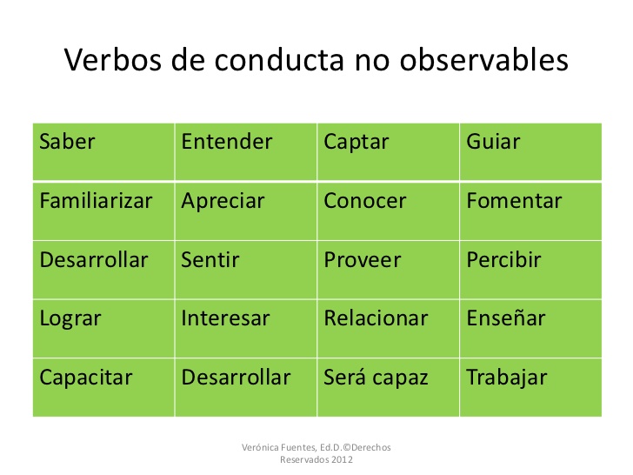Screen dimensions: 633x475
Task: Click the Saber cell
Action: (x=103, y=152)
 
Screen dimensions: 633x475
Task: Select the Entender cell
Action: (x=246, y=152)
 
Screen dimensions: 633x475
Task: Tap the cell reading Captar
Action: (x=389, y=152)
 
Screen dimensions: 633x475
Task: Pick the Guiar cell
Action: (x=531, y=152)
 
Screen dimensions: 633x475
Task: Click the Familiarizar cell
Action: (x=103, y=211)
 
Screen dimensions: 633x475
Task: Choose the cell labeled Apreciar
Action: (x=246, y=211)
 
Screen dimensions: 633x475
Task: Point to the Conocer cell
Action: (x=389, y=211)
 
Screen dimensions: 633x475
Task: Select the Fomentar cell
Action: (x=531, y=211)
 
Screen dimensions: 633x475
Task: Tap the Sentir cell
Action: (x=246, y=271)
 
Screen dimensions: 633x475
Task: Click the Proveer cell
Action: (x=389, y=271)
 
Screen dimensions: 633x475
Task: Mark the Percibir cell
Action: (x=531, y=271)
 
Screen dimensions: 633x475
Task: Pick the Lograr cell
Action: (x=103, y=329)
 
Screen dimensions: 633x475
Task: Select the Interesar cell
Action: (x=246, y=329)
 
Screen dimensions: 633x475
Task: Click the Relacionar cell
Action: (x=389, y=329)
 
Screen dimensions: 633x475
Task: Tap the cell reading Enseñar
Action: (x=531, y=329)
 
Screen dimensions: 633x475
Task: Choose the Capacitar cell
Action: (x=103, y=388)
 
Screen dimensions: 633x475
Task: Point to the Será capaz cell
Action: (x=389, y=388)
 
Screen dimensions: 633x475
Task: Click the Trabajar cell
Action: (x=531, y=388)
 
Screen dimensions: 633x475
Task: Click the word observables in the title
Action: (x=484, y=60)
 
